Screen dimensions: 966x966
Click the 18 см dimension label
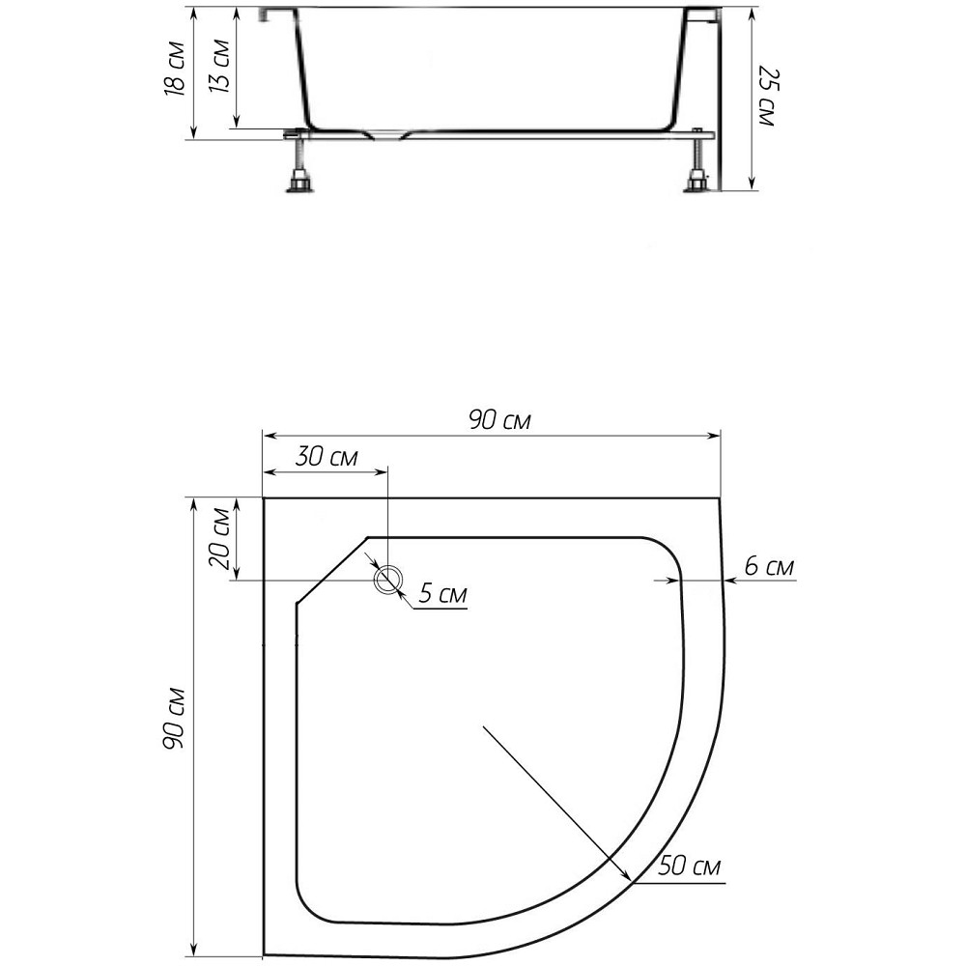coord(175,69)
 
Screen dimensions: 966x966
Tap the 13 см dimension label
coord(219,66)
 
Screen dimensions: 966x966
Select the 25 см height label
coord(766,96)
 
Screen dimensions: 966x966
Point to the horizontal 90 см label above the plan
coord(499,421)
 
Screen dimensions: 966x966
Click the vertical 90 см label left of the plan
coord(174,718)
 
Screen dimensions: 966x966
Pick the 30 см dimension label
coord(327,457)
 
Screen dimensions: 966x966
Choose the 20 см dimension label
coord(219,539)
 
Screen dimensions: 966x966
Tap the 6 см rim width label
coord(770,566)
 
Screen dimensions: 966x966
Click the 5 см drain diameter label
coord(443,594)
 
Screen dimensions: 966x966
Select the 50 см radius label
coord(690,867)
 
